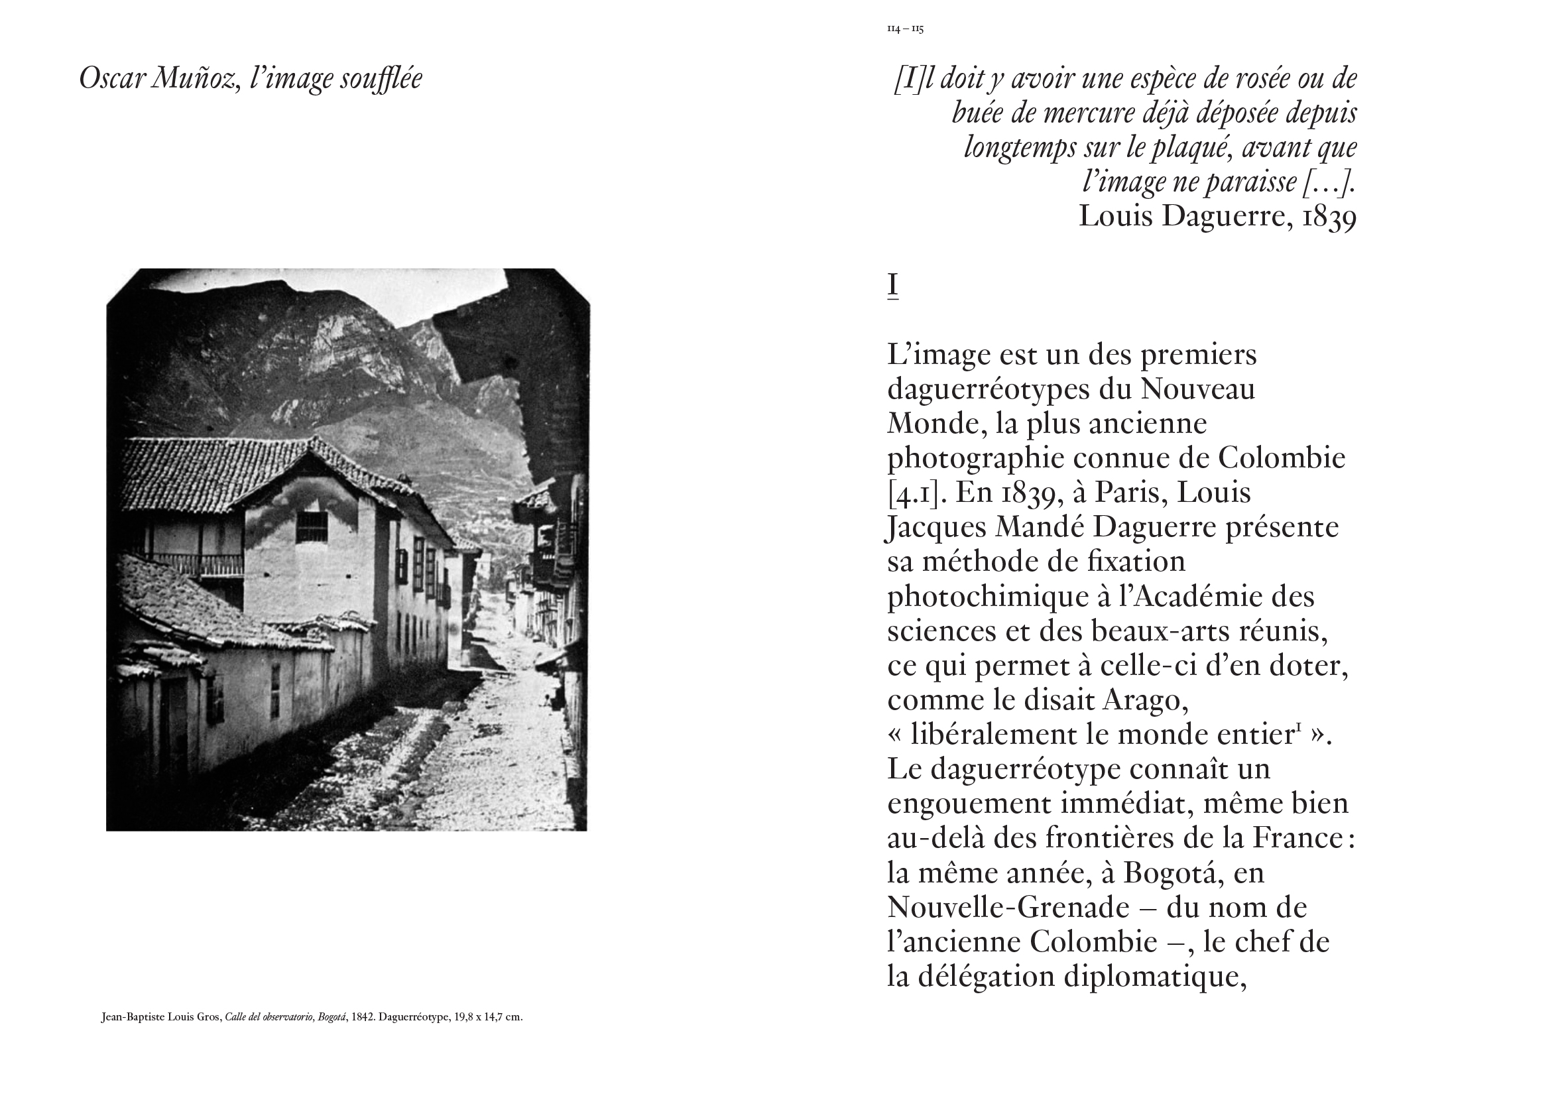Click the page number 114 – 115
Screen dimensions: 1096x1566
pyautogui.click(x=905, y=29)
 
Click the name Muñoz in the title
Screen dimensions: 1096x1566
pyautogui.click(x=196, y=78)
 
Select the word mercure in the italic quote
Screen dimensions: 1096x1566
pyautogui.click(x=1085, y=113)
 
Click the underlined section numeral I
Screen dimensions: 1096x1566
pyautogui.click(x=892, y=284)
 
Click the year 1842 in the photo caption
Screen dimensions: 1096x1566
pyautogui.click(x=363, y=1017)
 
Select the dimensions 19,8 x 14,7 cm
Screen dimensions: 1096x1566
pyautogui.click(x=489, y=1017)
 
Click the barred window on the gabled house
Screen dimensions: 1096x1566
pyautogui.click(x=311, y=526)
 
